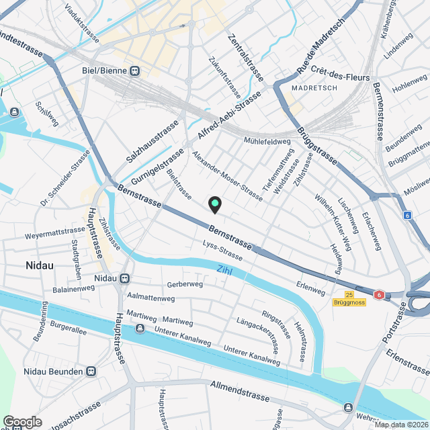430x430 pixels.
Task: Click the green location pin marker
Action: click(214, 204)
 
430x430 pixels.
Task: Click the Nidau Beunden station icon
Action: click(91, 372)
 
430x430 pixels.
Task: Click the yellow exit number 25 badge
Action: click(349, 294)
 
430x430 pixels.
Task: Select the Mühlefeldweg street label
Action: click(267, 142)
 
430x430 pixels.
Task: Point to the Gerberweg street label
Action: click(185, 284)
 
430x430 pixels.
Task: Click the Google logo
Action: click(22, 422)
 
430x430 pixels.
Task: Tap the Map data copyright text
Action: click(401, 424)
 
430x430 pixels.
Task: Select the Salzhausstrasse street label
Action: click(153, 142)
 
